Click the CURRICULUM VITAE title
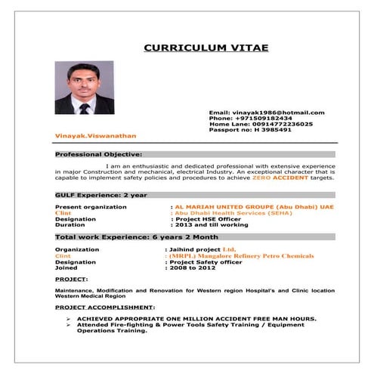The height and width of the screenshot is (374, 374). (x=206, y=48)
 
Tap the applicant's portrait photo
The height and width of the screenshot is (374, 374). (x=84, y=88)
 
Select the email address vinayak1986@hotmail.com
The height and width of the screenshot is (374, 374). (x=277, y=113)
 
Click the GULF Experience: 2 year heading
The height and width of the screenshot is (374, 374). (x=91, y=194)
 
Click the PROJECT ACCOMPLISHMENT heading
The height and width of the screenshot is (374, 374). (x=105, y=308)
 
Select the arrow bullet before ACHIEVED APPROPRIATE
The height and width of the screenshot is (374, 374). (x=69, y=319)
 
